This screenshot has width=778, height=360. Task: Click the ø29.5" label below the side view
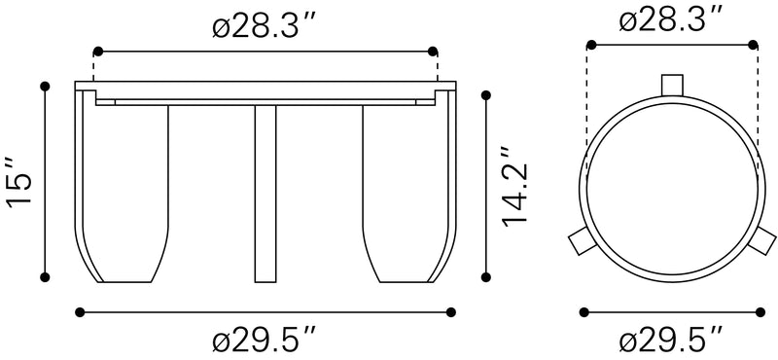point(265,341)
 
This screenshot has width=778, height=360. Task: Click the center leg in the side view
point(265,195)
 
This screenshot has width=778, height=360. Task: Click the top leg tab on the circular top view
point(672,85)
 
